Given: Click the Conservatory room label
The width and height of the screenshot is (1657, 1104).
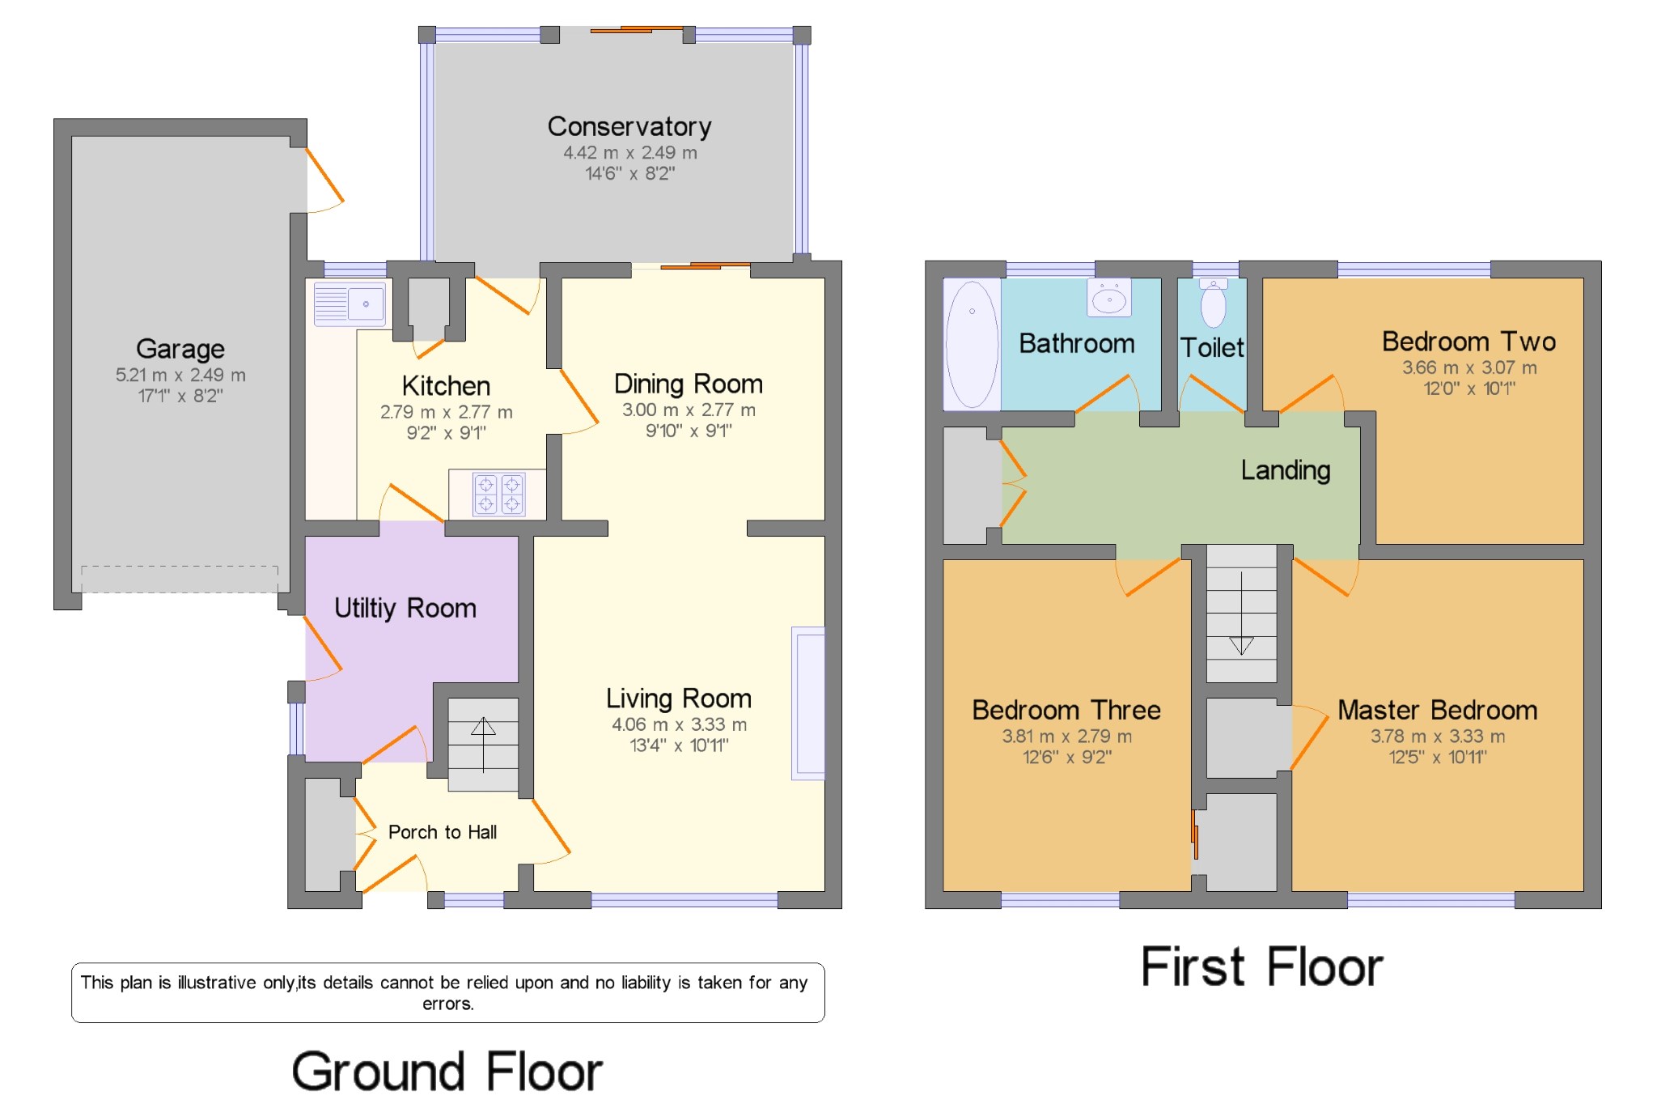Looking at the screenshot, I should [x=629, y=126].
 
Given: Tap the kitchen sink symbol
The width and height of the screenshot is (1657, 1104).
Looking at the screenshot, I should [x=350, y=304].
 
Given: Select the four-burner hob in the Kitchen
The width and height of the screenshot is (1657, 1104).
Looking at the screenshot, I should [x=498, y=494].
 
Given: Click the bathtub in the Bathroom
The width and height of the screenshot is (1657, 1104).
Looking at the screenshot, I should [x=972, y=343].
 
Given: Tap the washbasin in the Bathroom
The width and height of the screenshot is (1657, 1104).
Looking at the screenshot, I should [x=1108, y=299].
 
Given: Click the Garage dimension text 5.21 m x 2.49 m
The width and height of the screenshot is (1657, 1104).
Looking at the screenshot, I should [x=180, y=375].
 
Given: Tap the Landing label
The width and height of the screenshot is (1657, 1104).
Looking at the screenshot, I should [x=1285, y=470].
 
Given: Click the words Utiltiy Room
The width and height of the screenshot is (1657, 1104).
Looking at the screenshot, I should [x=405, y=608].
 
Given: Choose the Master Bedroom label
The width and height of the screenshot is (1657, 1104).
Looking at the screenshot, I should [x=1437, y=710].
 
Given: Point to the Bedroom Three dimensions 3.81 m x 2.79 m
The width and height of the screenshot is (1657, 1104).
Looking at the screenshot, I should [x=1066, y=736].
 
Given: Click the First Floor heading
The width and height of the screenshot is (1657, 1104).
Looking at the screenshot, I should [x=1261, y=967].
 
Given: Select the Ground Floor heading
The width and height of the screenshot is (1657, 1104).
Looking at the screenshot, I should [x=447, y=1072].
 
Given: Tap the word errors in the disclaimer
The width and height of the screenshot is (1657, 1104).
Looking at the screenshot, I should [x=447, y=1004].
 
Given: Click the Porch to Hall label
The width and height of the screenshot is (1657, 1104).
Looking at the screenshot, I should [x=442, y=832].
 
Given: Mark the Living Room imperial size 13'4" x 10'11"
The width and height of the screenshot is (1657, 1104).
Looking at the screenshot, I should [x=679, y=745].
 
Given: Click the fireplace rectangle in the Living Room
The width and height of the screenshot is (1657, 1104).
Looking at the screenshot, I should [x=808, y=703].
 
